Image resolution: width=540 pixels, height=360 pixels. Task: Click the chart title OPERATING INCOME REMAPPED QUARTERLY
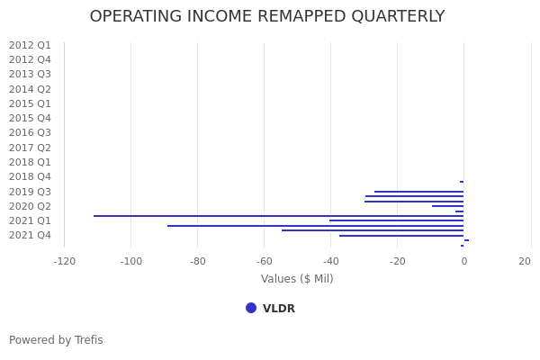pyautogui.click(x=267, y=17)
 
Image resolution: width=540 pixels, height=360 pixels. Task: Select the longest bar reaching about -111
pyautogui.click(x=279, y=216)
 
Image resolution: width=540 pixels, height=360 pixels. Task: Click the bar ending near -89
pyautogui.click(x=315, y=226)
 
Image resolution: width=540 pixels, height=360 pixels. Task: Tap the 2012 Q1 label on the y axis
pyautogui.click(x=30, y=45)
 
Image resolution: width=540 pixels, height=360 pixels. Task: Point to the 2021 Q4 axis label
pyautogui.click(x=30, y=236)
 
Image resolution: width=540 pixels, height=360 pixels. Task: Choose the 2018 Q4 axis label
pyautogui.click(x=30, y=177)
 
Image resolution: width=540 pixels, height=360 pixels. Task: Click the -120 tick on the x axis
pyautogui.click(x=64, y=262)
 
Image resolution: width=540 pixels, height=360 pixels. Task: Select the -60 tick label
pyautogui.click(x=264, y=262)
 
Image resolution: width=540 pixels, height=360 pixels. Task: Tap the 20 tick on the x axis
pyautogui.click(x=525, y=262)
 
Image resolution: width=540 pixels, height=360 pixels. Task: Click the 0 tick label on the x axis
pyautogui.click(x=463, y=262)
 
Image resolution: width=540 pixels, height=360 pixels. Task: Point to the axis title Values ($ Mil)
pyautogui.click(x=297, y=279)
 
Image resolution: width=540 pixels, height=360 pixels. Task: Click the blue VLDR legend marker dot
pyautogui.click(x=251, y=308)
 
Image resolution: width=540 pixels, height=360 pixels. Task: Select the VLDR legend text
pyautogui.click(x=279, y=309)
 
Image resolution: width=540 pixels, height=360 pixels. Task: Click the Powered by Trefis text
pyautogui.click(x=56, y=340)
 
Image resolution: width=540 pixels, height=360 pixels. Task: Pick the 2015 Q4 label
pyautogui.click(x=30, y=119)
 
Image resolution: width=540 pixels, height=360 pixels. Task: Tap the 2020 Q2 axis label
pyautogui.click(x=30, y=206)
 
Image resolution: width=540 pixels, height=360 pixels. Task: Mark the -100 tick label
pyautogui.click(x=130, y=262)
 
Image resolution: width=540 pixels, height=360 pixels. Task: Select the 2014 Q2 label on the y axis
pyautogui.click(x=30, y=89)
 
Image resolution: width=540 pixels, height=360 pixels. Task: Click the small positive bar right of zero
pyautogui.click(x=466, y=240)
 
